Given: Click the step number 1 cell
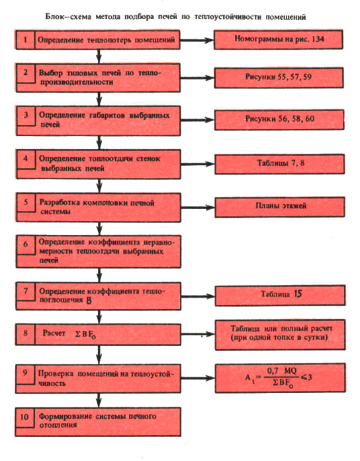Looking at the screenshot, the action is tap(25, 40).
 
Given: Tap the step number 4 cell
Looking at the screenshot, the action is tap(26, 159).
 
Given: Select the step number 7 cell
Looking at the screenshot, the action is tap(26, 292).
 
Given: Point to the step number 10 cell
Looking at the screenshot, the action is tap(25, 417).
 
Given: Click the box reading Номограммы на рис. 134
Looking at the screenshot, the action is tap(278, 39).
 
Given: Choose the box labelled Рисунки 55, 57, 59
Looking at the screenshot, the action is tap(279, 77).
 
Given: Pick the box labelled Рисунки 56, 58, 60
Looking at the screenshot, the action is tap(279, 120).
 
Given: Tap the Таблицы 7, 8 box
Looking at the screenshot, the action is tap(280, 164).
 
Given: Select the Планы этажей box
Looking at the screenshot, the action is tap(280, 207).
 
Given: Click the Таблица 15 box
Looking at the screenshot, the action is tap(281, 295).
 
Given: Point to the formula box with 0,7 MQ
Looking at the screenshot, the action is tap(281, 378).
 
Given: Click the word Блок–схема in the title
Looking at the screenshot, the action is tap(69, 17).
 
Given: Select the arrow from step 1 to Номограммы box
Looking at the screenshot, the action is tap(197, 40).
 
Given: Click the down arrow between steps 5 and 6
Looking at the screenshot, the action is tap(99, 228).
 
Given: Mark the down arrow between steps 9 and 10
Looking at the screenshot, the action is tap(99, 400).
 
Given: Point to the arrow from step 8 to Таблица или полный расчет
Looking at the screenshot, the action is tap(198, 334).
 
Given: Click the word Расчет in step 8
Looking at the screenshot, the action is tap(54, 333).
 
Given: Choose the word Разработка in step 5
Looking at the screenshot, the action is tap(60, 202).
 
